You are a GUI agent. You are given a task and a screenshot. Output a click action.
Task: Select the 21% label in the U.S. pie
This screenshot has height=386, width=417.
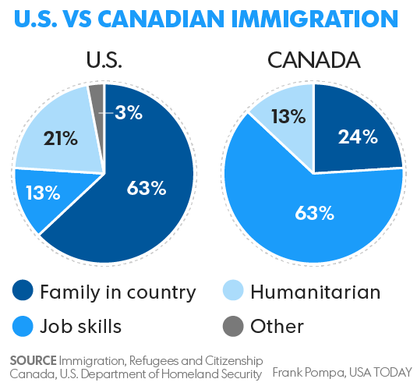click(x=61, y=138)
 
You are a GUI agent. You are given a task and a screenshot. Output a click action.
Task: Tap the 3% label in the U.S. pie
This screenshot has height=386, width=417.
click(x=129, y=112)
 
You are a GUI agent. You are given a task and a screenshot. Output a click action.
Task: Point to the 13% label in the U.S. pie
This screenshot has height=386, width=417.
click(x=43, y=193)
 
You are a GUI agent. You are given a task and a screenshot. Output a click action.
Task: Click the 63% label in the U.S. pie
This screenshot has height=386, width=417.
click(x=147, y=188)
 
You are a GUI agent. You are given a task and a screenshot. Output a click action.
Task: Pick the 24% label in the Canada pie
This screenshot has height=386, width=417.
click(x=358, y=136)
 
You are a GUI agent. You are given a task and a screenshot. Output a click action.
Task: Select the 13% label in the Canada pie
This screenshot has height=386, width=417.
click(x=288, y=116)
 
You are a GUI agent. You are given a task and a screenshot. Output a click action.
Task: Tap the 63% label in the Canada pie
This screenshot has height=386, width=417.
click(x=314, y=213)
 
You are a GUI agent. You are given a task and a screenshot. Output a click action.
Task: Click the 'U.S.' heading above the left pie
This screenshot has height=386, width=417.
click(x=104, y=60)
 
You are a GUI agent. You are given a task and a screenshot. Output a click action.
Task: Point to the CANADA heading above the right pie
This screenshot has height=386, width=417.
click(x=314, y=60)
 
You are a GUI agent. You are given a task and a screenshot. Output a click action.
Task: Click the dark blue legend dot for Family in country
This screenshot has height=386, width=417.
click(x=23, y=290)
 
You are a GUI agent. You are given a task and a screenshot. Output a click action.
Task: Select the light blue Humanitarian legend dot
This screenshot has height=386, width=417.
click(x=233, y=290)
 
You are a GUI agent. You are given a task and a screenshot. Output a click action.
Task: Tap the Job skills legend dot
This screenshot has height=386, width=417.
click(x=23, y=326)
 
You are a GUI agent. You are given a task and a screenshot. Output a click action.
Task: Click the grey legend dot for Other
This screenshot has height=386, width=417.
click(x=233, y=326)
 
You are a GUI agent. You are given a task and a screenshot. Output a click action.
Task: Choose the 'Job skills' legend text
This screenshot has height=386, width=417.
click(x=80, y=326)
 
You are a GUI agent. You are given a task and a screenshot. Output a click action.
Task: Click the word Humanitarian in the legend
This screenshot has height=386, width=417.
click(x=316, y=292)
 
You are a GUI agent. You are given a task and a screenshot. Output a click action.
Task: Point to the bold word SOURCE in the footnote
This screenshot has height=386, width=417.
click(x=34, y=361)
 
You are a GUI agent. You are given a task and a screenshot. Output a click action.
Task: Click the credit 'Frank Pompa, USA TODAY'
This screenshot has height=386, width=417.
click(x=342, y=373)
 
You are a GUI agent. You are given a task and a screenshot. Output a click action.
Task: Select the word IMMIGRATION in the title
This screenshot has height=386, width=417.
click(x=315, y=19)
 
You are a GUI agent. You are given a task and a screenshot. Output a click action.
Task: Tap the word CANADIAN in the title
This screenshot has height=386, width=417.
click(x=161, y=19)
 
